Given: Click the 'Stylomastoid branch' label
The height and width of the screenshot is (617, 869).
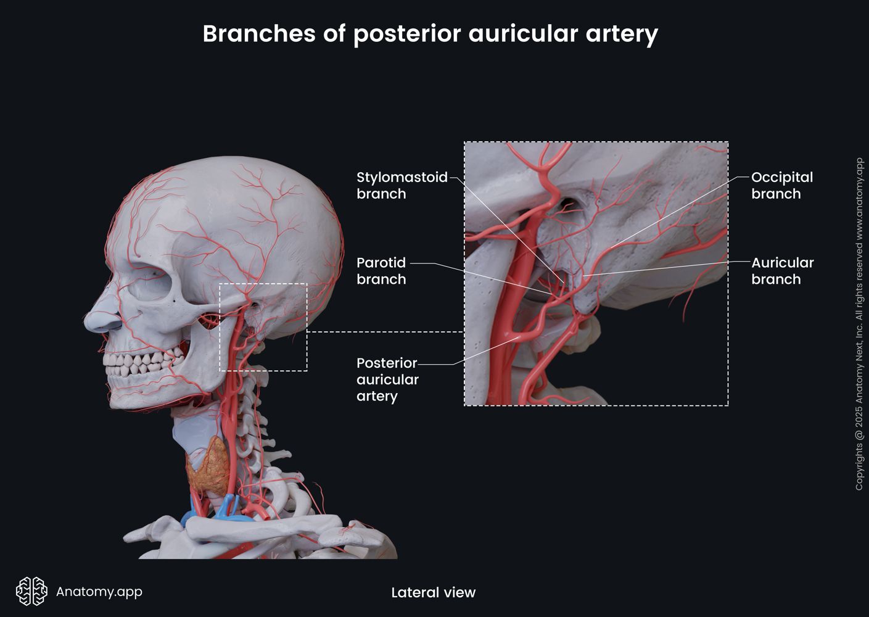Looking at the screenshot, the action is (x=402, y=185).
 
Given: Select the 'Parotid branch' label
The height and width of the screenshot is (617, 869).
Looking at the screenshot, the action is (x=381, y=271).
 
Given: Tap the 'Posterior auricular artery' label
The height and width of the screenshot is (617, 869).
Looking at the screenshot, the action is (x=387, y=379).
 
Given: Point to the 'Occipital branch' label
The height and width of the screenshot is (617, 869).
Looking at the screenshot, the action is (x=781, y=185).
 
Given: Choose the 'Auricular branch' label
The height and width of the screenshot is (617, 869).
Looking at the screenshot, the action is (x=782, y=271).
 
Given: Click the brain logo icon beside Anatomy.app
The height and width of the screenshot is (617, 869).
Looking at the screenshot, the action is (x=31, y=592).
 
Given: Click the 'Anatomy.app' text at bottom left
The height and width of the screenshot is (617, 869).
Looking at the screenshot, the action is (x=99, y=592).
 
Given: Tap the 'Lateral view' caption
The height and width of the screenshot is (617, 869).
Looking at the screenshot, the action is (x=433, y=593).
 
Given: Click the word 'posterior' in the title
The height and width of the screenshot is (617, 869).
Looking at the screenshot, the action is (x=407, y=33).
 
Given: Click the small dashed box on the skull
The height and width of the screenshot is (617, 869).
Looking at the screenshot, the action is (x=263, y=327).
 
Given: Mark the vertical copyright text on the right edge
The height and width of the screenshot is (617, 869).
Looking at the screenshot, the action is (x=859, y=324).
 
